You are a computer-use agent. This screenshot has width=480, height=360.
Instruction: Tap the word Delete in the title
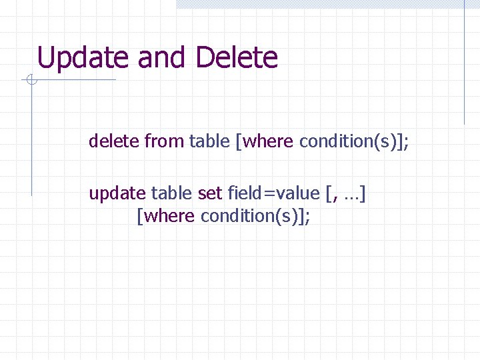237,58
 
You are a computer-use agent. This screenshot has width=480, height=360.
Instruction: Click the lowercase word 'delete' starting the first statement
114,141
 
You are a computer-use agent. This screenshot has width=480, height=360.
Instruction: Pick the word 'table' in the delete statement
209,141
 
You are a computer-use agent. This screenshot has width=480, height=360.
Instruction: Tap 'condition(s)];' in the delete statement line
354,141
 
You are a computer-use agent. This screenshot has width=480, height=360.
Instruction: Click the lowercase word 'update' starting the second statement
117,193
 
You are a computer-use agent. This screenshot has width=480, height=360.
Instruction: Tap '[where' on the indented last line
165,217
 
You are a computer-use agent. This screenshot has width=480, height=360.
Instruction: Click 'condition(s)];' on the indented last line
255,217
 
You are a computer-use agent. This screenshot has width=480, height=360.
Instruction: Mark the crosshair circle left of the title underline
31,81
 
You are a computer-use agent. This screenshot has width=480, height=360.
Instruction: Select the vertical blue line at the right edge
464,63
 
